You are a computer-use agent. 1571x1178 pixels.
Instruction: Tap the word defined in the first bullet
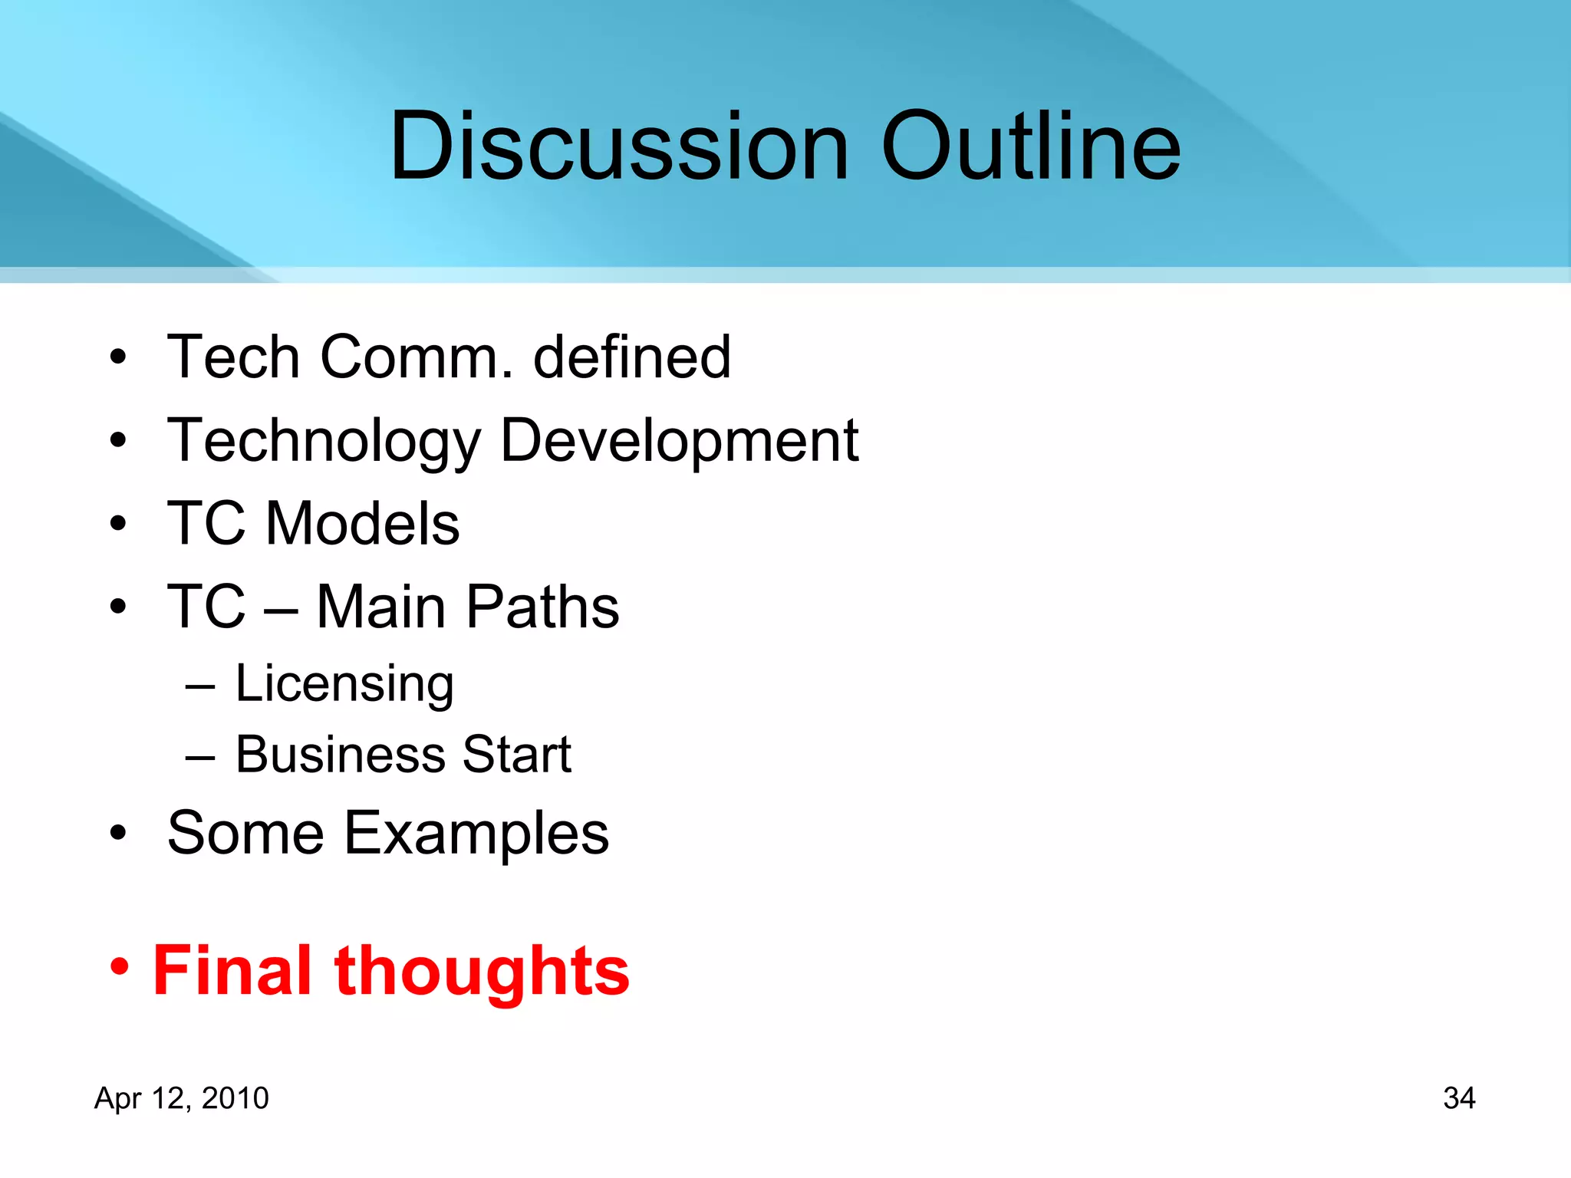pyautogui.click(x=631, y=357)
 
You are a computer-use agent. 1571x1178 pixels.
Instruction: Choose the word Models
pyautogui.click(x=362, y=524)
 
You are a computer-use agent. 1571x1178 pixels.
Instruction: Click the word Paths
pyautogui.click(x=542, y=607)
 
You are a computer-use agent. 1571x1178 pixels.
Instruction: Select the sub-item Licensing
pyautogui.click(x=344, y=683)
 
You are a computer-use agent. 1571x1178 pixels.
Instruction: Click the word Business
pyautogui.click(x=338, y=755)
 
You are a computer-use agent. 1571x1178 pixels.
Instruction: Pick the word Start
pyautogui.click(x=517, y=755)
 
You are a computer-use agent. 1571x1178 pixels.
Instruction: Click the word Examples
pyautogui.click(x=476, y=834)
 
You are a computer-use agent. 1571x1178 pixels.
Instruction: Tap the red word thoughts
pyautogui.click(x=482, y=971)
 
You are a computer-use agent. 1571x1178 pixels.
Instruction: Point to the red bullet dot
pyautogui.click(x=119, y=966)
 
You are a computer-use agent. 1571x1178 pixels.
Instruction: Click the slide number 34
pyautogui.click(x=1459, y=1098)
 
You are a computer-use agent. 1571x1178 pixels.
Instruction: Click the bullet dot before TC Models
pyautogui.click(x=117, y=525)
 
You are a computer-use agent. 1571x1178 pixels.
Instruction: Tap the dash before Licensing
pyautogui.click(x=199, y=686)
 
